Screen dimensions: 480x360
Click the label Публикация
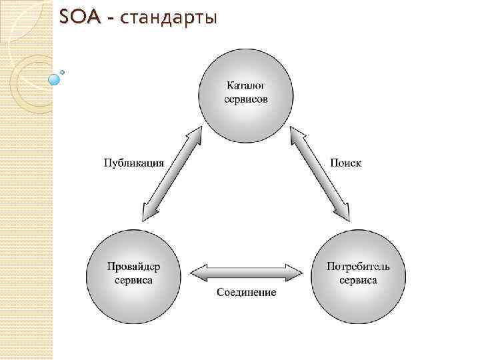pyautogui.click(x=133, y=163)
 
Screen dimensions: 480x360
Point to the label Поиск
pyautogui.click(x=346, y=163)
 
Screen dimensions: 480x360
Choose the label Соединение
pyautogui.click(x=246, y=293)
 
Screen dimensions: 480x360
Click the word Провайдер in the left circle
pyautogui.click(x=133, y=267)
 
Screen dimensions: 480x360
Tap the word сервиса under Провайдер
pyautogui.click(x=133, y=280)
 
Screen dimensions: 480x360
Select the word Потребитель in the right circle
pyautogui.click(x=358, y=267)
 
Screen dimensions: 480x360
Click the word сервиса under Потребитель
pyautogui.click(x=358, y=280)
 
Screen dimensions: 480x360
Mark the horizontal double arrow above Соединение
pyautogui.click(x=246, y=272)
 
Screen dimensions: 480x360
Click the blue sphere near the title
pyautogui.click(x=55, y=79)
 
